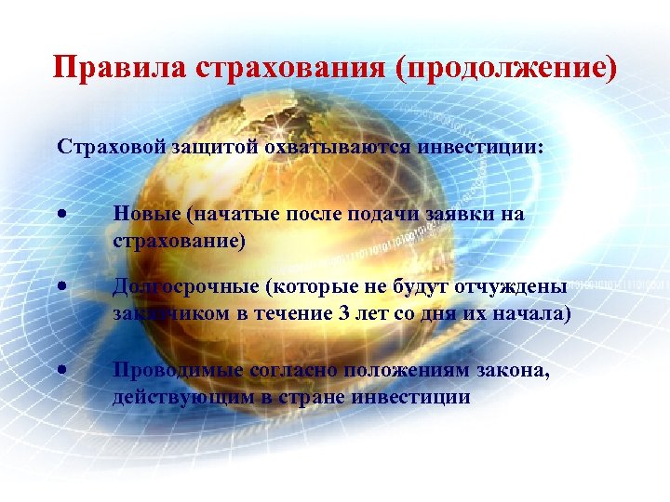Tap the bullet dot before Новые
pyautogui.click(x=60, y=215)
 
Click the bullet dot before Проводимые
pyautogui.click(x=60, y=370)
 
